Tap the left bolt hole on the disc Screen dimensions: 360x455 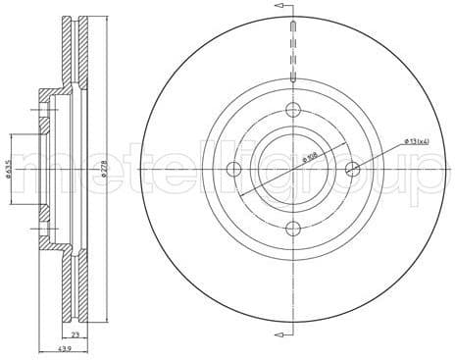(234, 170)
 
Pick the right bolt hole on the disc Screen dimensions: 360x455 (354, 170)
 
